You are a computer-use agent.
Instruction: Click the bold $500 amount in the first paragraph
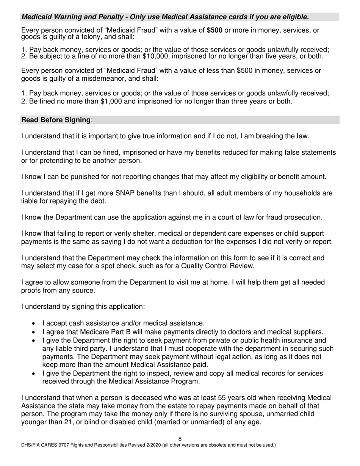(x=214, y=30)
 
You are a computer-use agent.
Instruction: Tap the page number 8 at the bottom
(x=180, y=439)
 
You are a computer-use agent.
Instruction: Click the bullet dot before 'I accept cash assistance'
(x=34, y=324)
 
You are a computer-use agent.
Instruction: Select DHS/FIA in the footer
(x=31, y=445)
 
